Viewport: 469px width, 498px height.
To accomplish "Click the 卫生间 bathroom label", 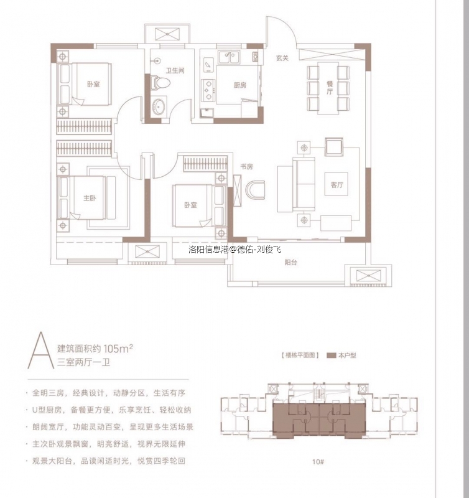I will [175, 70].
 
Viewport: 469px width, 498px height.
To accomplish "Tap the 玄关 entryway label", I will [282, 58].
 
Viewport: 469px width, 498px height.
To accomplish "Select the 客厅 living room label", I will [338, 185].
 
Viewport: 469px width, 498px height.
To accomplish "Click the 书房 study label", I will [246, 167].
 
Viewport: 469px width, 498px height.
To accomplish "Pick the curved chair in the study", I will [255, 189].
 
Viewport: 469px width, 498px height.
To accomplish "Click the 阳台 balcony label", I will [290, 263].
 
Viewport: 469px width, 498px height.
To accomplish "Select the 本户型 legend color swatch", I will [331, 355].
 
